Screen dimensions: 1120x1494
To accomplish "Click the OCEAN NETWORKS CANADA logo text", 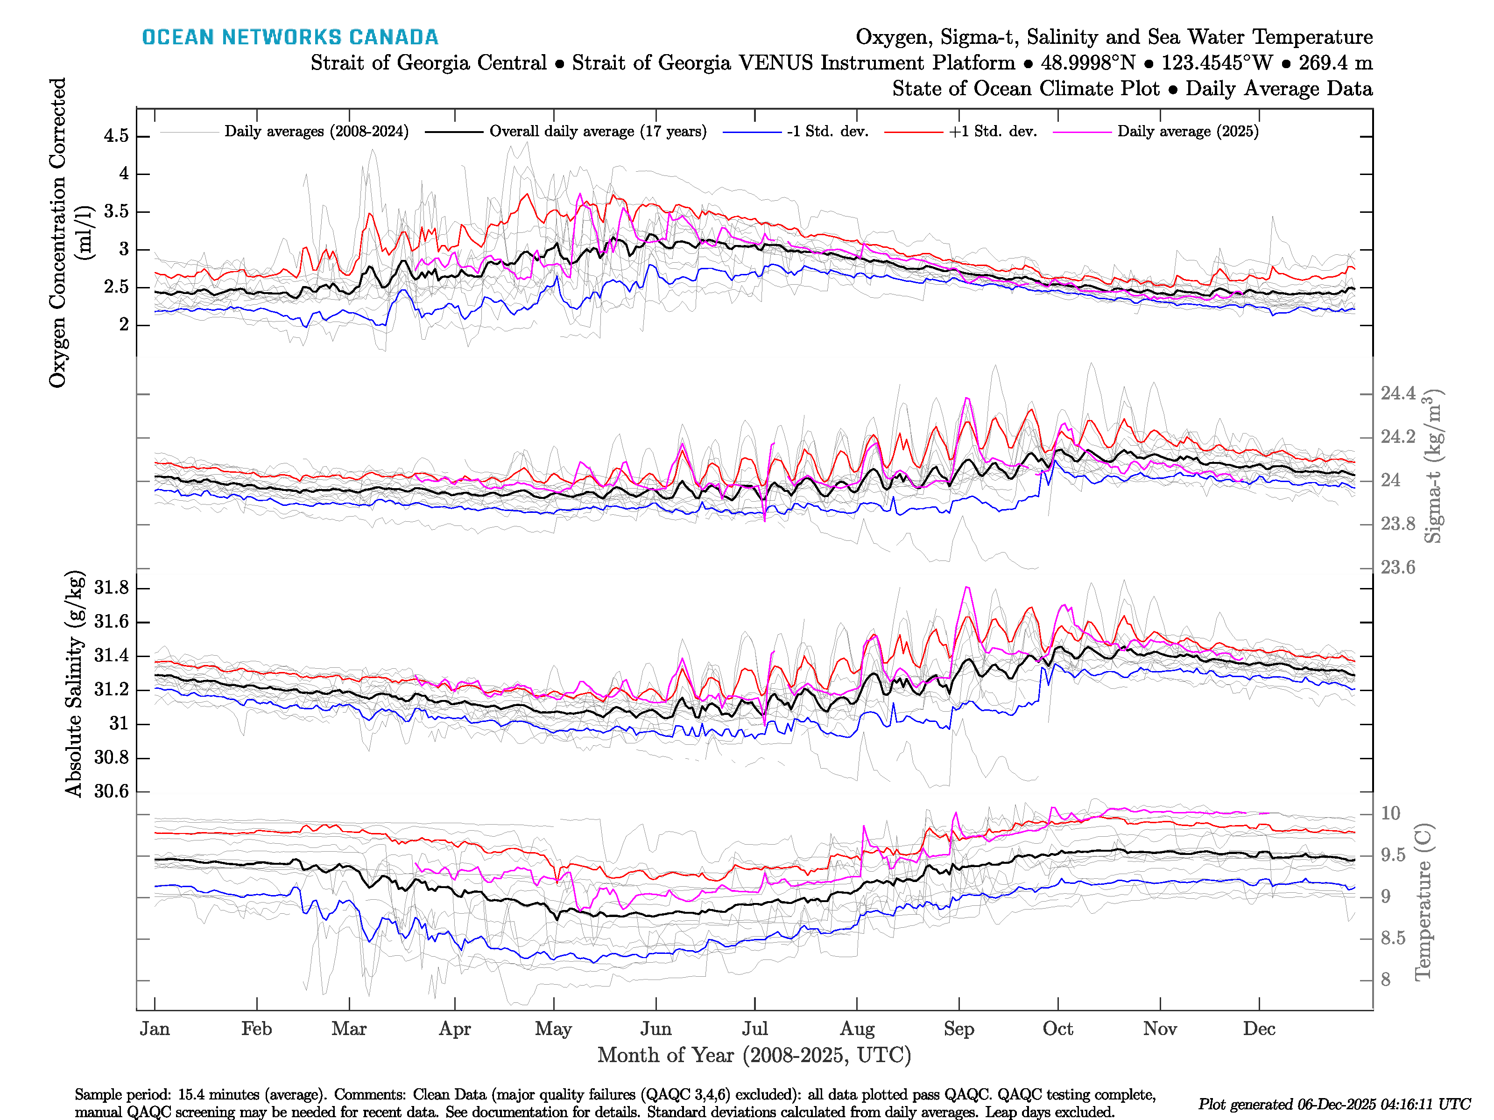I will [290, 37].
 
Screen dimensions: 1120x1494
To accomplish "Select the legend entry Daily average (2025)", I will [1187, 132].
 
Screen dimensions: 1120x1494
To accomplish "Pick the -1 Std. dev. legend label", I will [827, 132].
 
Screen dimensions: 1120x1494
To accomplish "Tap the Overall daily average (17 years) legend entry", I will [598, 132].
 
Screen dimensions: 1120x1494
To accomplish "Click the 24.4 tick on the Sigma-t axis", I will [1397, 393].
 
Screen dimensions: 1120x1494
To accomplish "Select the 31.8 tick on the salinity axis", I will [112, 588].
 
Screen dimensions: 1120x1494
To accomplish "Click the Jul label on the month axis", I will [754, 1029].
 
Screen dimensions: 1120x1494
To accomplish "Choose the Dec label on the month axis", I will [1259, 1029].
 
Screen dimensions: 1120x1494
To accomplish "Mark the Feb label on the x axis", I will [257, 1029].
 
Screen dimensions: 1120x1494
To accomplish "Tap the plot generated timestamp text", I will [1334, 1105].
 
